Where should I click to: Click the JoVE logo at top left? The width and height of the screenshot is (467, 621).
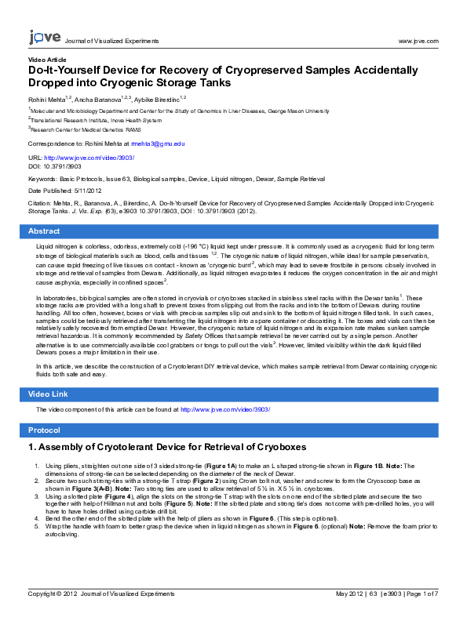coord(45,37)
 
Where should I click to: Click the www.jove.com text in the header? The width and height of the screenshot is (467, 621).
coord(418,41)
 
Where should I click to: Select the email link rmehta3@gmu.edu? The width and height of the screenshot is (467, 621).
coord(158,143)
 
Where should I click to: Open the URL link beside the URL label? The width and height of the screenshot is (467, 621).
coord(89,158)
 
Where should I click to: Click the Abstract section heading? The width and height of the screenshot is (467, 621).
coord(44,231)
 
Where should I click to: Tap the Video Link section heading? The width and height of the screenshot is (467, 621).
coord(48,394)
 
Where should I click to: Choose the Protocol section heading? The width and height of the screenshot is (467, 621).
coord(44,430)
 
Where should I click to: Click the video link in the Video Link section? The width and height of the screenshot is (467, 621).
coord(225,409)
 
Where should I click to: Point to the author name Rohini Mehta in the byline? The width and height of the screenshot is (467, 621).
coord(46,100)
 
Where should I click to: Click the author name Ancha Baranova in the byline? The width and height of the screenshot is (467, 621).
coord(97,100)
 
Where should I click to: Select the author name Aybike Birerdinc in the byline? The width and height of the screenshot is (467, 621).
coord(157,100)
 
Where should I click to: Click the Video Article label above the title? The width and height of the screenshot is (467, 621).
coord(47,60)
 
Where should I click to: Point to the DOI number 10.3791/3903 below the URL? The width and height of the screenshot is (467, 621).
coord(62,167)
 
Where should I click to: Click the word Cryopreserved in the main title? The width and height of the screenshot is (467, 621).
coord(264,70)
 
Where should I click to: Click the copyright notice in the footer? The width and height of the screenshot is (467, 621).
coord(101,594)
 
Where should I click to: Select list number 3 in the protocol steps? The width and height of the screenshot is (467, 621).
coord(37,496)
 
